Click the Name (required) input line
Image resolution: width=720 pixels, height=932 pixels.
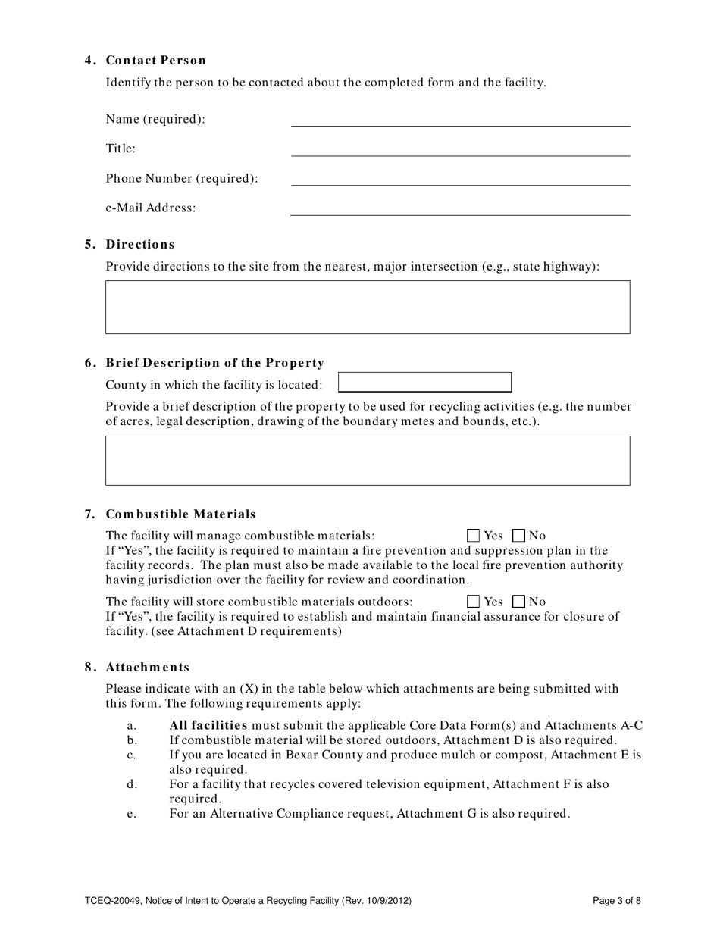click(460, 119)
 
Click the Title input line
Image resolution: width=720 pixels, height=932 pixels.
click(460, 149)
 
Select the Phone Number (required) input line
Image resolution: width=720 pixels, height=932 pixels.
click(460, 178)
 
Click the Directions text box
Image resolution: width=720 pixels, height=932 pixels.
click(368, 307)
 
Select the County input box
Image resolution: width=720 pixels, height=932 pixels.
click(424, 382)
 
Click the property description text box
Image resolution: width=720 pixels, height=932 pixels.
click(368, 460)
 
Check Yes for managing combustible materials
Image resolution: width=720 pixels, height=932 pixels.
click(474, 536)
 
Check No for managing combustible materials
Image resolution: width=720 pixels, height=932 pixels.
click(519, 536)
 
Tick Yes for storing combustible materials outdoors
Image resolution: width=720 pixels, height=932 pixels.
click(474, 602)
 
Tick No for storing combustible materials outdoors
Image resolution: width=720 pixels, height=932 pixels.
click(519, 602)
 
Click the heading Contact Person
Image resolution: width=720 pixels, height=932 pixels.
click(155, 61)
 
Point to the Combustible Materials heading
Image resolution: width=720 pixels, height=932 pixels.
click(180, 514)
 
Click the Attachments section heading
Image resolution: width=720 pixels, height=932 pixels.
click(147, 668)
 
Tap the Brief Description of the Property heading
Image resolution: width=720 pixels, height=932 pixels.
click(214, 363)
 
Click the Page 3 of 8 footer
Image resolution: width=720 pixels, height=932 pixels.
click(617, 901)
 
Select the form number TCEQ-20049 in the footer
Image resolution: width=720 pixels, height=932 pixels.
click(112, 901)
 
